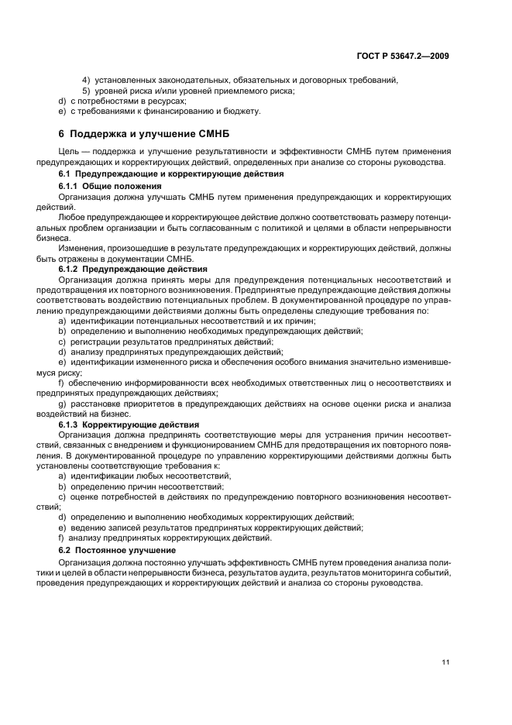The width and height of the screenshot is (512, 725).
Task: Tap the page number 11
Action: pos(445,662)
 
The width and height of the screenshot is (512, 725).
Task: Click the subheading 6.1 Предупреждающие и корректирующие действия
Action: pos(160,175)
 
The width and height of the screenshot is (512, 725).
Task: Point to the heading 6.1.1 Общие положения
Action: pos(110,187)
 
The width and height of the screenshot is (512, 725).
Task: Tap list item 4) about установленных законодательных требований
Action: pos(240,80)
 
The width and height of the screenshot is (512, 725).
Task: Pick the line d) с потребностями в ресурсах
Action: pos(122,101)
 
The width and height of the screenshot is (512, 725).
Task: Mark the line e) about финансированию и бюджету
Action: pos(160,112)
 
